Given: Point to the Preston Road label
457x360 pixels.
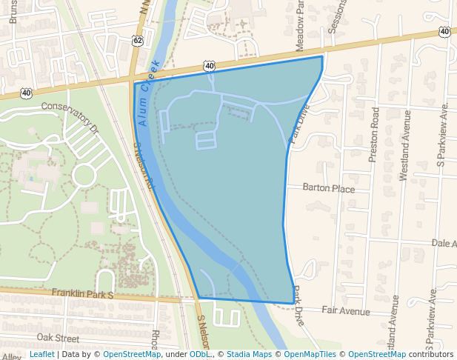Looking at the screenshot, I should tap(375, 134).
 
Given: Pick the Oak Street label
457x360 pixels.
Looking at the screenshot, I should tap(58, 338).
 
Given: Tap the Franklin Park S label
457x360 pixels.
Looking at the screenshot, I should tap(82, 294).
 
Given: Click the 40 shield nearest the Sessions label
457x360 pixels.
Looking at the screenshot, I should tap(444, 31).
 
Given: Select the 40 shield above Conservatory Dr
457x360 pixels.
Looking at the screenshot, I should tap(27, 93).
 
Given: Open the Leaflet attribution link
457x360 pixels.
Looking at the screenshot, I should tap(41, 354).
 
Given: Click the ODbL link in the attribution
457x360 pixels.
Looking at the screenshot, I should tap(199, 354).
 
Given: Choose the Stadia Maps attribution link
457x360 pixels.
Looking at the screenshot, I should tap(249, 354).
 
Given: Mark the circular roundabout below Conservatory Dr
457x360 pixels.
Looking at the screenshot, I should tap(83, 176).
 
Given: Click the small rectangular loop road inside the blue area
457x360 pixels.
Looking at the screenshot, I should tap(206, 140).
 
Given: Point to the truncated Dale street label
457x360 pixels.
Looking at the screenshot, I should tap(443, 243).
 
